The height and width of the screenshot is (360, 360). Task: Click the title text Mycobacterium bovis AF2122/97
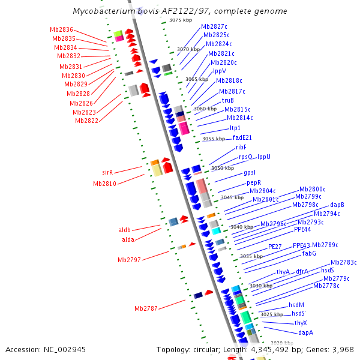click(180, 11)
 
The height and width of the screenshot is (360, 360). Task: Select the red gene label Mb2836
click(62, 30)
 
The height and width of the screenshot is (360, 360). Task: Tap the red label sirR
click(107, 172)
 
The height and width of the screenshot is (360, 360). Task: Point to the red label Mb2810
click(104, 184)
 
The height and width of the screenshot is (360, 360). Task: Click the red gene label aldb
click(124, 230)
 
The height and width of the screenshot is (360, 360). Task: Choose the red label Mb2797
click(129, 260)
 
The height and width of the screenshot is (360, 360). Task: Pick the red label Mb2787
click(146, 308)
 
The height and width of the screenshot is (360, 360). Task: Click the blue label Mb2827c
click(214, 26)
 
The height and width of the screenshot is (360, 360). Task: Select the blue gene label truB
click(227, 100)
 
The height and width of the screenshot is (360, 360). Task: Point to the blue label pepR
click(253, 182)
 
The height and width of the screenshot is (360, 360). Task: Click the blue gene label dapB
click(337, 205)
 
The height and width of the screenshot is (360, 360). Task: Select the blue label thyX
click(301, 323)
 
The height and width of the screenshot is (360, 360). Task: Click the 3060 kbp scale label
click(205, 109)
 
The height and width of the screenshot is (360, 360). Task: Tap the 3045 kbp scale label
click(232, 197)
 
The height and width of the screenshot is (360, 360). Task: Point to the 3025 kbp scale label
click(272, 314)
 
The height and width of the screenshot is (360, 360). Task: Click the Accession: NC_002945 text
click(46, 349)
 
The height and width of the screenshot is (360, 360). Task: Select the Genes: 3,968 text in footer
click(332, 349)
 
